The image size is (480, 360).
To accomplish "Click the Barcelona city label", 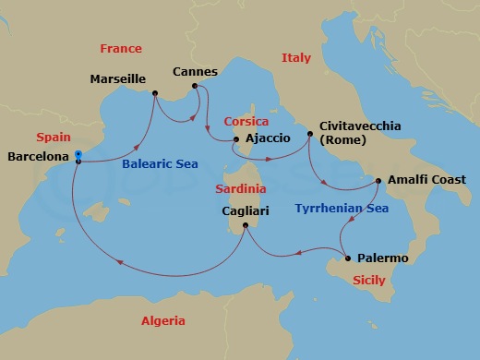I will coord(38,157).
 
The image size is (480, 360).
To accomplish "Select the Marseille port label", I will coord(117,79).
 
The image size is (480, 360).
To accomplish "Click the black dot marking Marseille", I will coord(154,91).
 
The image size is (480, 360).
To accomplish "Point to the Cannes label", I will coord(195,71).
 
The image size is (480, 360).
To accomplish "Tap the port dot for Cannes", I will coord(195,89).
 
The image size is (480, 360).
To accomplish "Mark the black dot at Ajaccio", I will coord(235,140).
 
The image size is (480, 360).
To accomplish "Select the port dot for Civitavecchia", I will coord(309,132).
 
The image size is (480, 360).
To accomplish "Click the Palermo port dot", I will coord(347,258).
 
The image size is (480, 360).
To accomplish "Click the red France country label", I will coord(121,48).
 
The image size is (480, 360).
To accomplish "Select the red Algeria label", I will coord(162,321).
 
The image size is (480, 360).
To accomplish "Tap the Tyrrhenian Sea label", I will coord(342,209).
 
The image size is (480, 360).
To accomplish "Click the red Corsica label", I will coord(246,121).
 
